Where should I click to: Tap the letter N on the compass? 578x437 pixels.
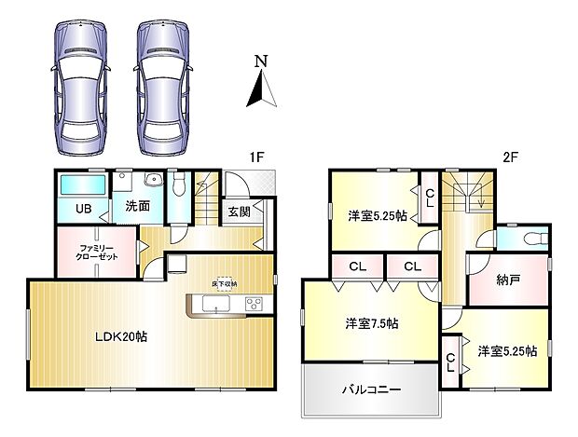262,62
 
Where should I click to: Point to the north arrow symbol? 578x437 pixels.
261,91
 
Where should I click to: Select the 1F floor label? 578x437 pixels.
257,157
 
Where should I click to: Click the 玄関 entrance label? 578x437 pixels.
239,212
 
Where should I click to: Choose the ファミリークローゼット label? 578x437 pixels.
96,251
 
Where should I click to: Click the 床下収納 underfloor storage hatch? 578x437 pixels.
223,283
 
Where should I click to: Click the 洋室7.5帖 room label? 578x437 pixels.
372,324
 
